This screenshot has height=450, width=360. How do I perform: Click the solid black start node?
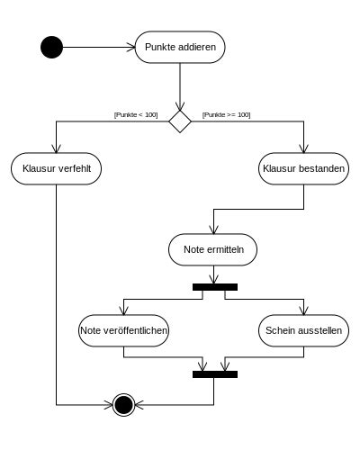point(52,47)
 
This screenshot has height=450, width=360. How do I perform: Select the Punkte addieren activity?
point(180,47)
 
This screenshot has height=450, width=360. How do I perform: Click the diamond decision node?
point(180,121)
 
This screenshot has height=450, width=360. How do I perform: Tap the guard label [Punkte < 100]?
point(136,115)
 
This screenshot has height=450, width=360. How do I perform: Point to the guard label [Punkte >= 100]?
point(227,115)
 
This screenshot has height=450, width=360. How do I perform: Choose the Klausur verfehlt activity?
point(57,168)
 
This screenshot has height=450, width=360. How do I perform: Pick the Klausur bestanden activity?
point(303,168)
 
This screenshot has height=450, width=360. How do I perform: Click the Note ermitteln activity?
point(213,249)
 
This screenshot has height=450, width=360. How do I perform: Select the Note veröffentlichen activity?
point(123,330)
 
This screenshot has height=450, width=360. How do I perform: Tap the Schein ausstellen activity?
point(303,330)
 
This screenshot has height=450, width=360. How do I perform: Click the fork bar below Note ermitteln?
point(215,287)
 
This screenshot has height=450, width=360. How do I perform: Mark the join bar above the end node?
point(215,374)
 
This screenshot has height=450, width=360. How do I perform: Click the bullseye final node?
point(123,405)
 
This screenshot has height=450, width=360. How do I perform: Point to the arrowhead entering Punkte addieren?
point(131,47)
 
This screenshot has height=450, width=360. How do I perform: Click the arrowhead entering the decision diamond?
point(180,106)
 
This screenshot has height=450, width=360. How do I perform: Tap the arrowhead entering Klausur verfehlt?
point(57,148)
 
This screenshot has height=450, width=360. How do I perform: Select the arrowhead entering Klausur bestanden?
point(303,148)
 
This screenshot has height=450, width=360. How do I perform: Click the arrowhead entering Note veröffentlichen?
point(123,310)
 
